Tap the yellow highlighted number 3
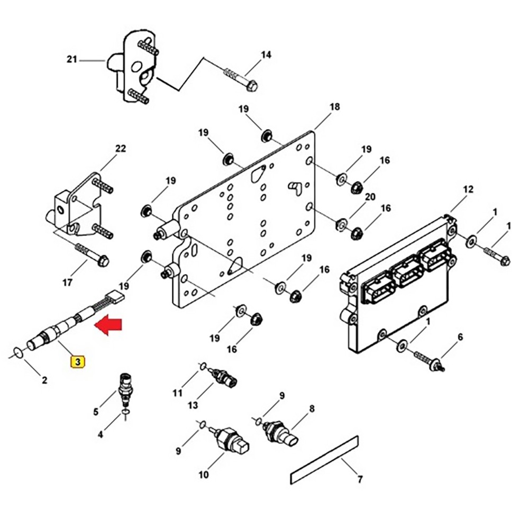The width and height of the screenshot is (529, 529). [x=78, y=362]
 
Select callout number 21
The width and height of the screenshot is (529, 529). [x=72, y=60]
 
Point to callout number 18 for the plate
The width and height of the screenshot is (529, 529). [x=334, y=107]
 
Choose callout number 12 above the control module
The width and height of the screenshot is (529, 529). [x=468, y=189]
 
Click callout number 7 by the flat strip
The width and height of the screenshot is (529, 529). [x=360, y=480]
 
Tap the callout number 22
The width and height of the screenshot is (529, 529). [x=121, y=149]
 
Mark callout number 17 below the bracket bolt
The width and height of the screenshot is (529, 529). [x=67, y=282]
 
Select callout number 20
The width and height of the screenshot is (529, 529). [x=370, y=197]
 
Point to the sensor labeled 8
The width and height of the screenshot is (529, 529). [x=280, y=431]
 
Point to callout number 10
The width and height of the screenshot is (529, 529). [x=204, y=475]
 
